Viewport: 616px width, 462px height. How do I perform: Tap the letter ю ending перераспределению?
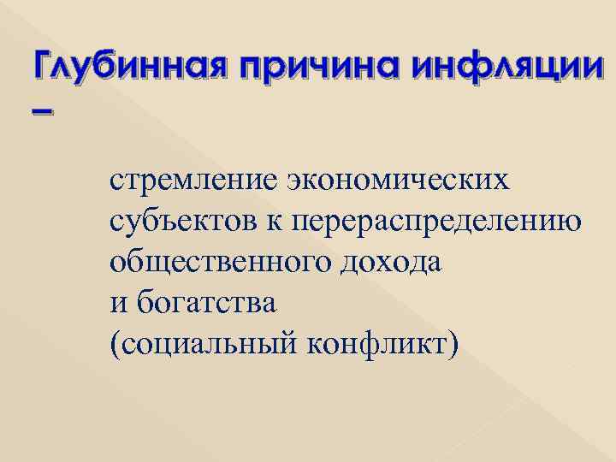pos(573,222)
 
